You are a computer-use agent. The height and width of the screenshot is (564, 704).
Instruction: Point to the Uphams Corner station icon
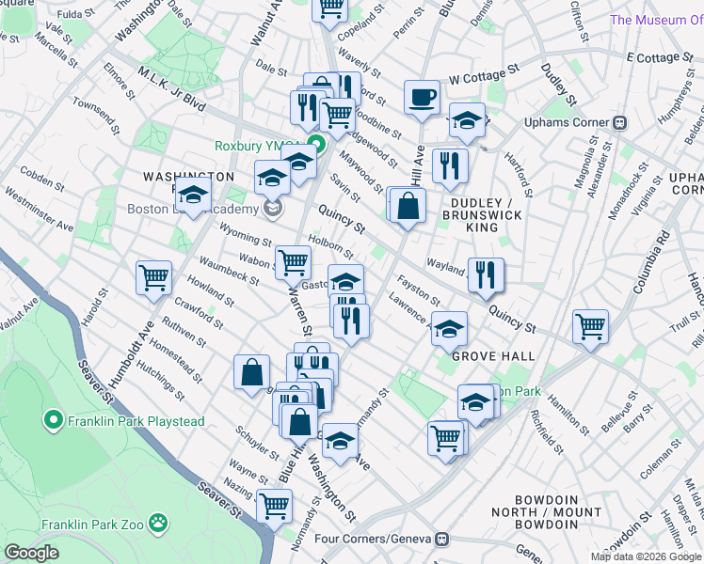pyautogui.click(x=620, y=123)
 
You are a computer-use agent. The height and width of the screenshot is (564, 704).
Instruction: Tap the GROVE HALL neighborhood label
pyautogui.click(x=492, y=356)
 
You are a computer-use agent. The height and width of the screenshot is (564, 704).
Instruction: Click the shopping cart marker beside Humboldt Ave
pyautogui.click(x=153, y=277)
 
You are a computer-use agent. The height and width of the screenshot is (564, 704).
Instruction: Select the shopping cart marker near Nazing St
pyautogui.click(x=274, y=506)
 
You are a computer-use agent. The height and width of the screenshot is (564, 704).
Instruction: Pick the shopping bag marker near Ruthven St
pyautogui.click(x=252, y=371)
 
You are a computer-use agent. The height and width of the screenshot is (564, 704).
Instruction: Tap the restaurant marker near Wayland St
pyautogui.click(x=486, y=274)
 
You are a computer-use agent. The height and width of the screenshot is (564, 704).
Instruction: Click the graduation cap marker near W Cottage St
pyautogui.click(x=466, y=119)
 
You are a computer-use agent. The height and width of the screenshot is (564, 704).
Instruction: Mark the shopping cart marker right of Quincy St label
pyautogui.click(x=591, y=326)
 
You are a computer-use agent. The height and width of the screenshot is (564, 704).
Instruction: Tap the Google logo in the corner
pyautogui.click(x=31, y=553)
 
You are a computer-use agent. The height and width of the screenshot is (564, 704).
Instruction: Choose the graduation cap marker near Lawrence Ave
pyautogui.click(x=450, y=328)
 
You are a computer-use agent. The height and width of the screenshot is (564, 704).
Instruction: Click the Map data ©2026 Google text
pyautogui.click(x=646, y=556)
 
